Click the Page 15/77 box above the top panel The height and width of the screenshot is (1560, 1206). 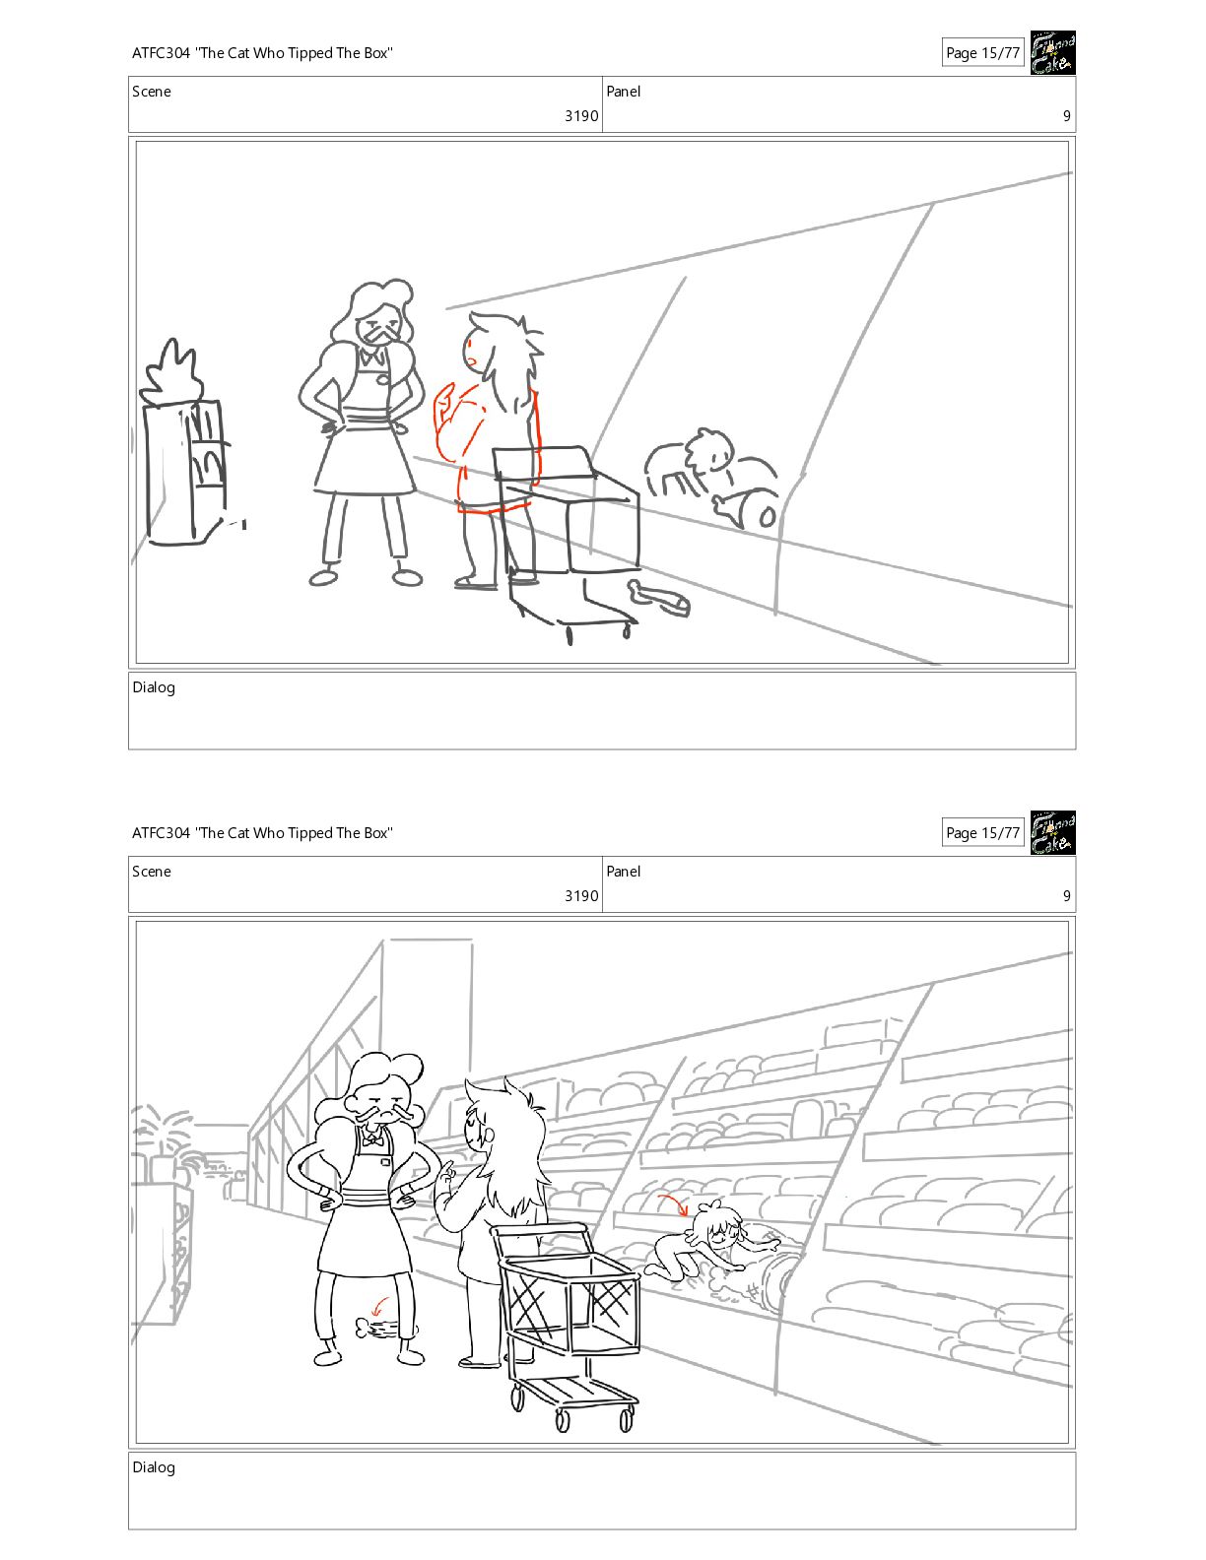pyautogui.click(x=982, y=52)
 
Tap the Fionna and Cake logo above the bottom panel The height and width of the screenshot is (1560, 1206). pyautogui.click(x=1052, y=832)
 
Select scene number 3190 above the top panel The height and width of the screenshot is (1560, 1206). pyautogui.click(x=581, y=115)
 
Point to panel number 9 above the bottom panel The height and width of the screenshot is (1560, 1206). pyautogui.click(x=1067, y=895)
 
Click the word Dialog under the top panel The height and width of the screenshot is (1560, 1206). pyautogui.click(x=154, y=687)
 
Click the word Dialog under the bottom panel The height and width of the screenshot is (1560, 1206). pyautogui.click(x=154, y=1466)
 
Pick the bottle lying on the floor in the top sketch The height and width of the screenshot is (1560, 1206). pyautogui.click(x=659, y=598)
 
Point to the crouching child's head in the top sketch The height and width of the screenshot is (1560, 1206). pyautogui.click(x=709, y=449)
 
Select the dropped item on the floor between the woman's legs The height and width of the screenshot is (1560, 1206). pyautogui.click(x=376, y=1328)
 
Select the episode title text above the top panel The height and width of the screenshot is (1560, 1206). pyautogui.click(x=262, y=53)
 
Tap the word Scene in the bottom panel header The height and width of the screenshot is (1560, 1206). pyautogui.click(x=152, y=872)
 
